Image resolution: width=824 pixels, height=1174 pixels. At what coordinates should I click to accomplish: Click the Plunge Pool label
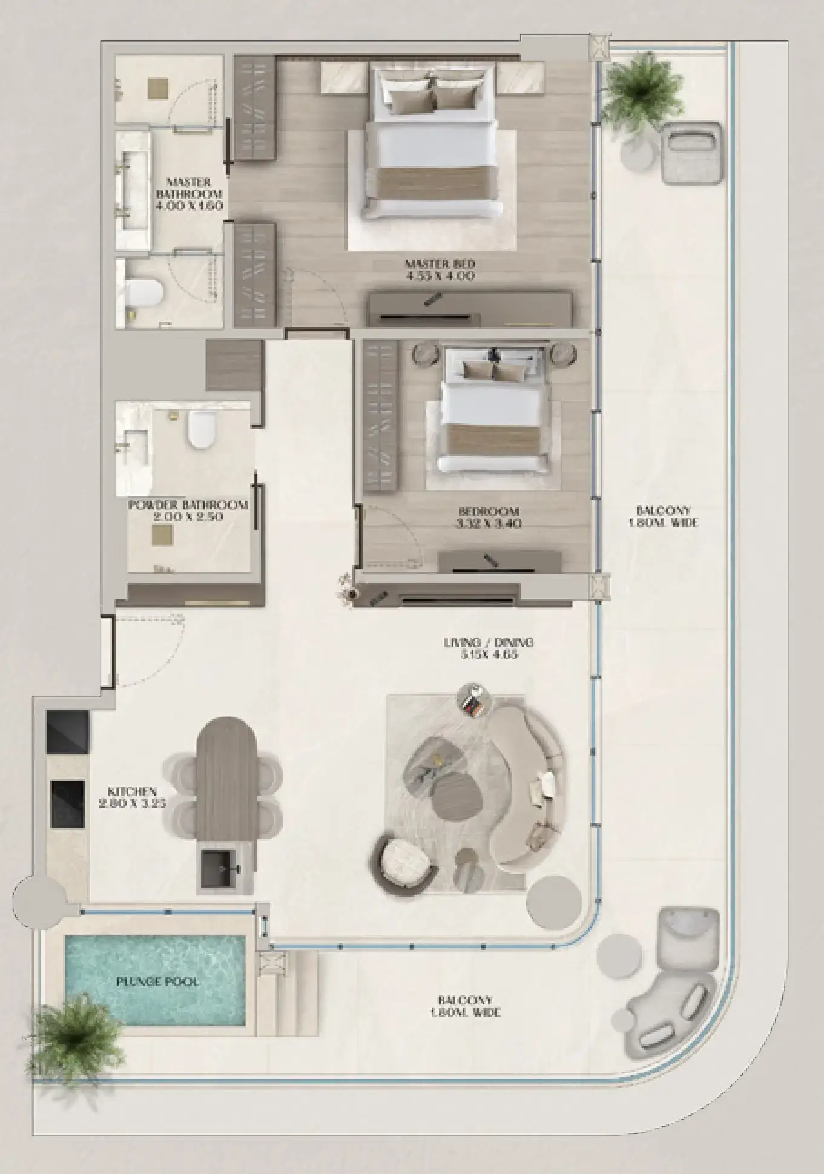(x=157, y=981)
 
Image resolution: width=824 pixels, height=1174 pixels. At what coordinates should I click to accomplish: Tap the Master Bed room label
(x=440, y=269)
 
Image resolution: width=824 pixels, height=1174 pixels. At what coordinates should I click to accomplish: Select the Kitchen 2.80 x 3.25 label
(x=133, y=797)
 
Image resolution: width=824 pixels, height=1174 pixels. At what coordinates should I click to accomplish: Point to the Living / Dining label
(x=489, y=648)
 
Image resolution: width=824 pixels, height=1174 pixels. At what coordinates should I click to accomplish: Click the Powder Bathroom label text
(x=188, y=510)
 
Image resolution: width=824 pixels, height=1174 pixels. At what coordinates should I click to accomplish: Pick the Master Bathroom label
(x=189, y=193)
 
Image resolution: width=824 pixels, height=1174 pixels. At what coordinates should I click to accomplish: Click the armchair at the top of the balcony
(x=691, y=153)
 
